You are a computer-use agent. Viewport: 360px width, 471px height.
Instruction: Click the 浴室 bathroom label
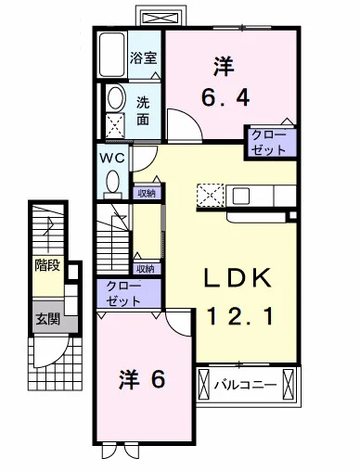(x=143, y=57)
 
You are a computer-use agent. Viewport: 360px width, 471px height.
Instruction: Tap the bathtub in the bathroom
(x=111, y=55)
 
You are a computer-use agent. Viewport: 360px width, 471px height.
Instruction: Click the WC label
(x=112, y=159)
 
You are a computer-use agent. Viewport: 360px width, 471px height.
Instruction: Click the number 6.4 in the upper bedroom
(x=225, y=97)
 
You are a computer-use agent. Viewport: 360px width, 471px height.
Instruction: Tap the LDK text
(x=238, y=278)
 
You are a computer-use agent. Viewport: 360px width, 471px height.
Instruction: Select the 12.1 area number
(x=239, y=316)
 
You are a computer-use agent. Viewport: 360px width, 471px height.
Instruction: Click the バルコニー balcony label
(x=245, y=385)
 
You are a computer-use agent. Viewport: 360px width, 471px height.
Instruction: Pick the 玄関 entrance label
(x=47, y=319)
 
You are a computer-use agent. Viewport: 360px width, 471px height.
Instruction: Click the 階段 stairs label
(x=47, y=265)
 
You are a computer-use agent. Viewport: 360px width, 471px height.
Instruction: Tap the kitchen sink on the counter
(x=241, y=196)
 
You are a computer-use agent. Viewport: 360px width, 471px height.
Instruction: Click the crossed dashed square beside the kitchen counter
(x=211, y=195)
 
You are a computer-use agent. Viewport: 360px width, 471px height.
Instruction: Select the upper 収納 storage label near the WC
(x=147, y=194)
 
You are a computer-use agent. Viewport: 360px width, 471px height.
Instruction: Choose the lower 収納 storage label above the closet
(x=146, y=269)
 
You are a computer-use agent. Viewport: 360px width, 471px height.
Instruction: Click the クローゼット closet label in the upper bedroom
(x=269, y=143)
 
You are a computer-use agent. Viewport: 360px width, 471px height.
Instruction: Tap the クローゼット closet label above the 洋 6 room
(x=123, y=294)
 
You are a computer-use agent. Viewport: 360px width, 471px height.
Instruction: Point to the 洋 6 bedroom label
(x=143, y=379)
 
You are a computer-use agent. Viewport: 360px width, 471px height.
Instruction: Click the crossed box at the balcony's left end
(x=203, y=384)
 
